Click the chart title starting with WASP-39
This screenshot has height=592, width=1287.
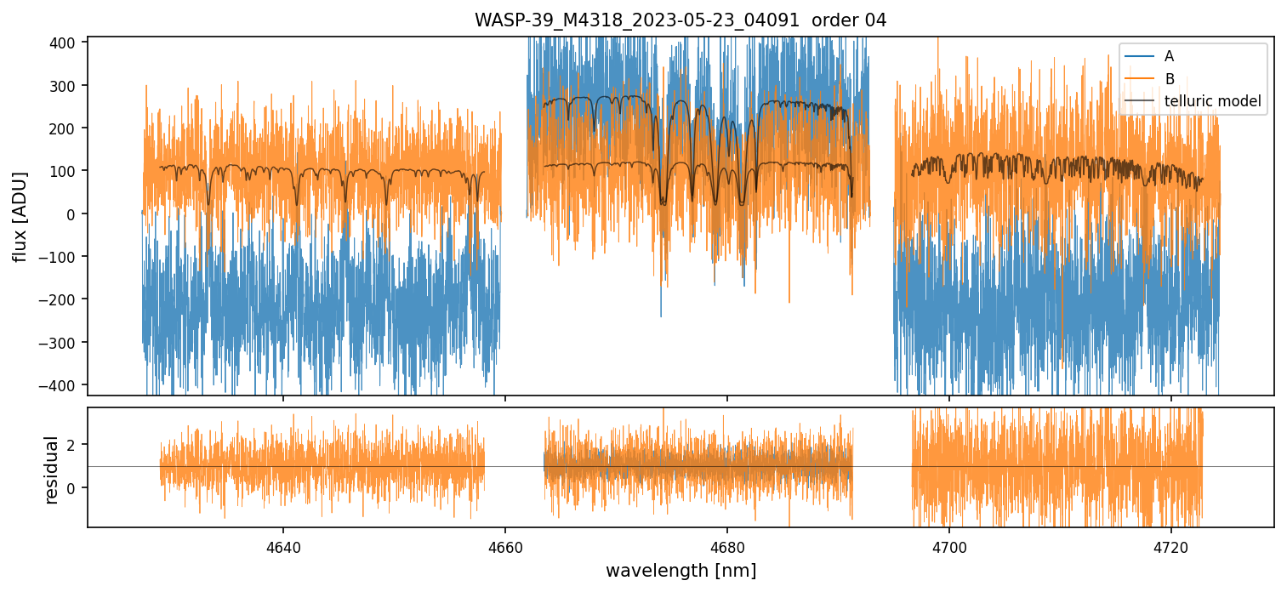680,20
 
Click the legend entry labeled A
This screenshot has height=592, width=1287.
1169,56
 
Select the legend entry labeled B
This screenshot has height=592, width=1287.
1169,79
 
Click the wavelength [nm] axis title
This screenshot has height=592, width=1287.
681,570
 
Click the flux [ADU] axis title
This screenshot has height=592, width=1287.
20,216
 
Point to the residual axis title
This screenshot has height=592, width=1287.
51,470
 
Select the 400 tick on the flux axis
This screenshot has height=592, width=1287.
65,43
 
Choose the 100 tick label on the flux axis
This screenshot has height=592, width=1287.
65,171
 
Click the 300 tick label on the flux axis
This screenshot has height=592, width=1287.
65,86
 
